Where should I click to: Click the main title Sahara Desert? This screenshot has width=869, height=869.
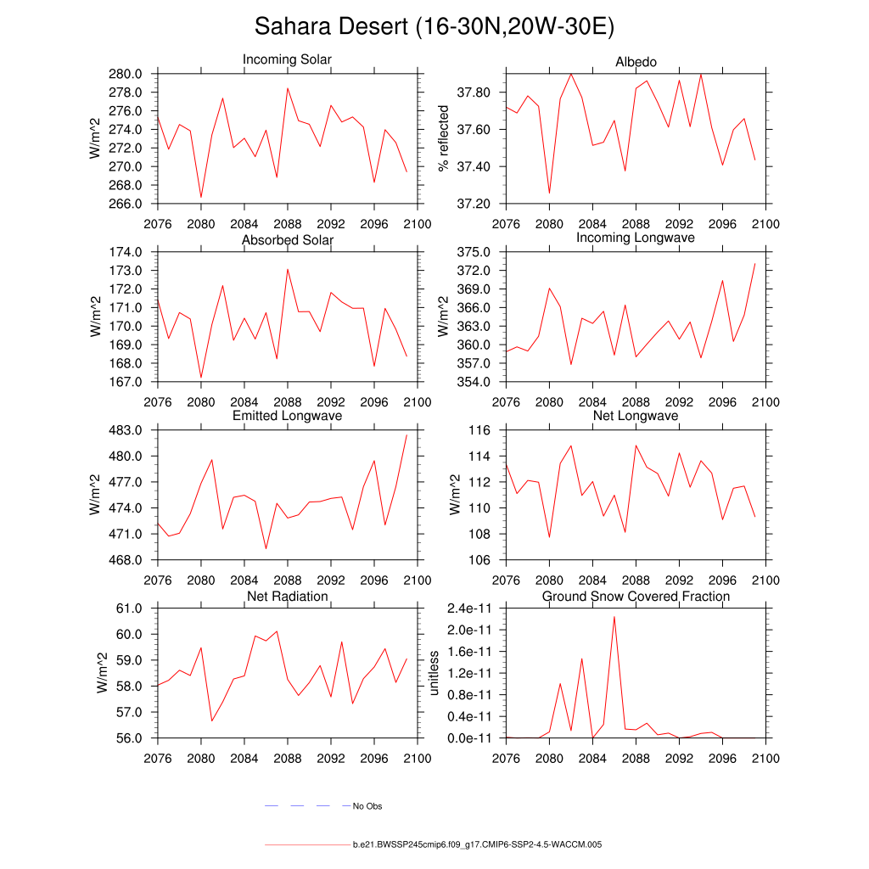434,27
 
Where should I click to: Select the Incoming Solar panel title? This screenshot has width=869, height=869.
287,60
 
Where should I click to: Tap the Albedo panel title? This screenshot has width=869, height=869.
636,62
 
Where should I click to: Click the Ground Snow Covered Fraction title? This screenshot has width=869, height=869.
636,597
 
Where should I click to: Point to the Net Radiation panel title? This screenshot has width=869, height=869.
287,597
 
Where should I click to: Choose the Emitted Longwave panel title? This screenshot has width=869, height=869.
287,416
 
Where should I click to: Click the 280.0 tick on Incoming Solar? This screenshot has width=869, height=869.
126,74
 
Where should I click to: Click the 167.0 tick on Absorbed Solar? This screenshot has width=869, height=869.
126,382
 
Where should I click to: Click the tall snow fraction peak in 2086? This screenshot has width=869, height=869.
614,617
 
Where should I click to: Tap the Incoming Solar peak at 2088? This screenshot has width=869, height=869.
288,88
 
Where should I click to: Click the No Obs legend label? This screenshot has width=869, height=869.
369,806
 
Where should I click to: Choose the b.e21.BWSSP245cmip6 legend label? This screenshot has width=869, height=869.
477,845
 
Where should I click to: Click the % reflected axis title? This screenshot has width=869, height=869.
442,139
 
